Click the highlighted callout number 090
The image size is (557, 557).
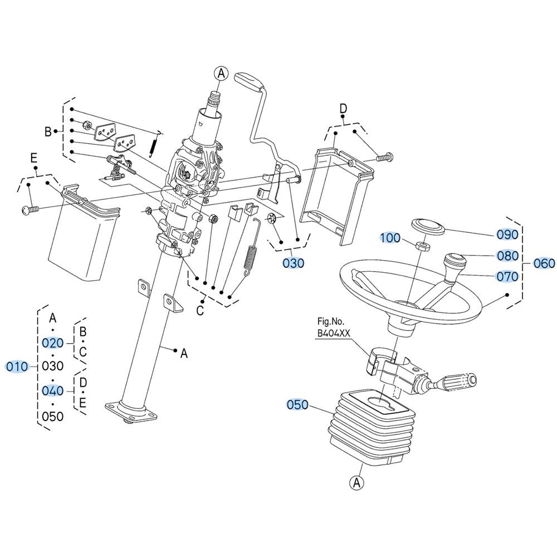507,234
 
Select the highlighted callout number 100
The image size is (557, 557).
390,238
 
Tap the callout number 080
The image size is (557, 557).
507,256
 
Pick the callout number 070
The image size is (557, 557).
507,276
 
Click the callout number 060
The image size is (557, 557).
544,263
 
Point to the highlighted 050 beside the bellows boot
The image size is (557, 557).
297,404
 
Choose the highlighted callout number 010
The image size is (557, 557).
17,367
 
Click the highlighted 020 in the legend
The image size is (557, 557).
52,343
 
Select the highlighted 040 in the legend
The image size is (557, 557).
52,391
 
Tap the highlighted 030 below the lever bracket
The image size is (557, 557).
294,263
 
